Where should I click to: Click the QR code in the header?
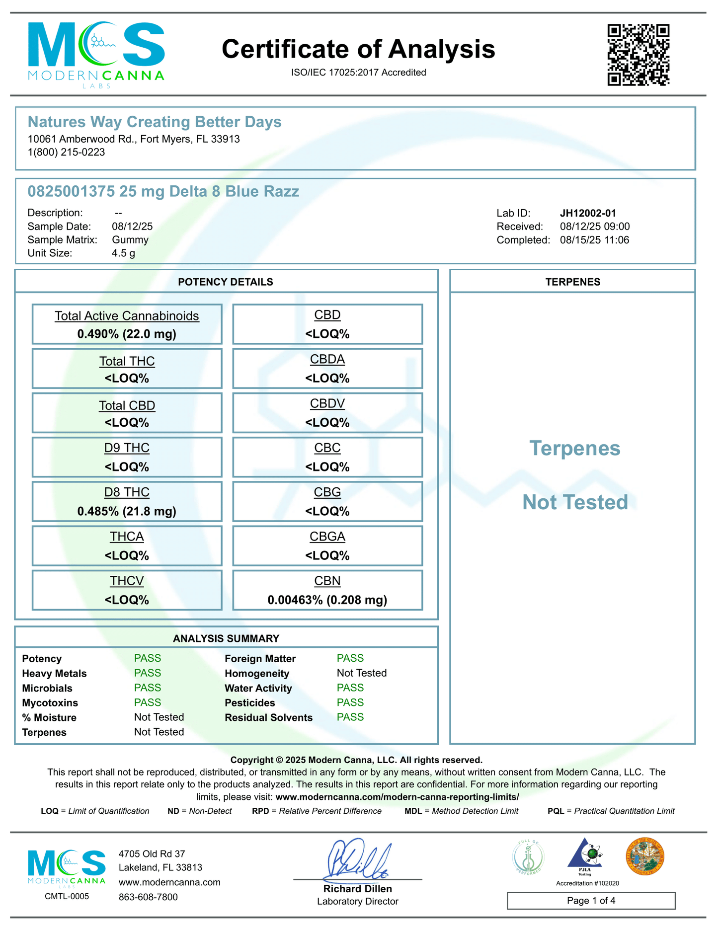pos(638,55)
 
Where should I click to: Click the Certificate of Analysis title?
pos(358,49)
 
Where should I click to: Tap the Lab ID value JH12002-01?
pos(588,213)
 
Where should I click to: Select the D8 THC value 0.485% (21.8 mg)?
pos(127,511)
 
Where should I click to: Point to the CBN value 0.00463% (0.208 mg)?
pos(327,600)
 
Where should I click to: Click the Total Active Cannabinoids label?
pos(127,316)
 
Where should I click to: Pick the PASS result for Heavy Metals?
pos(148,673)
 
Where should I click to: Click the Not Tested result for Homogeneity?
pos(362,673)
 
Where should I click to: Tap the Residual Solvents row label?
pos(268,717)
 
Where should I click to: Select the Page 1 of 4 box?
pos(591,901)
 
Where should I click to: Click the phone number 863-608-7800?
pos(148,897)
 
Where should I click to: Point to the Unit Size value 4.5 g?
pos(123,253)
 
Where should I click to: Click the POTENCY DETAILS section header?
pos(226,282)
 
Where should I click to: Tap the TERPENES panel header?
pos(572,282)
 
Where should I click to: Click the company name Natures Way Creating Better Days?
pos(155,122)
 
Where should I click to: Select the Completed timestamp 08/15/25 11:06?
pos(595,240)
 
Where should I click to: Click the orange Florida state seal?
pos(644,856)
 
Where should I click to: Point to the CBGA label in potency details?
pos(327,537)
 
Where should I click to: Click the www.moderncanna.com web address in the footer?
pos(169,882)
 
